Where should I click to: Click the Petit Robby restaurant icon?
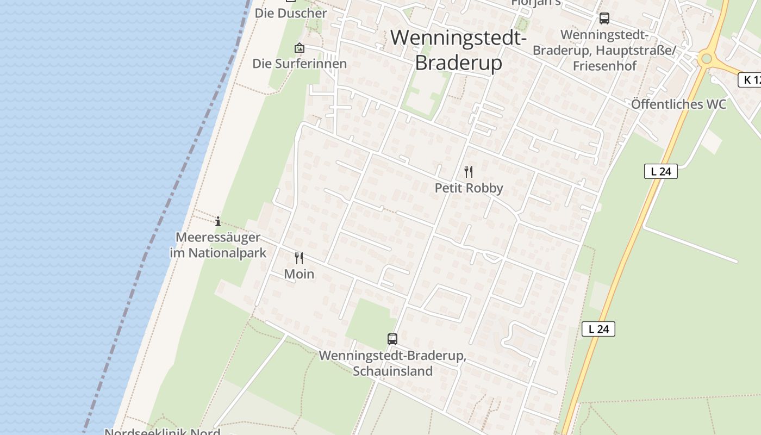coord(469,172)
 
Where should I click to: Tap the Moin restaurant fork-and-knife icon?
coord(299,258)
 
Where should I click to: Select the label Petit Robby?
coord(469,188)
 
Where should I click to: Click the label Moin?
coord(299,274)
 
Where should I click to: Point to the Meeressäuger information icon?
coord(218,221)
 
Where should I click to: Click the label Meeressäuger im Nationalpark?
coord(218,245)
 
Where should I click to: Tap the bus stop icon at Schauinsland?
coord(392,339)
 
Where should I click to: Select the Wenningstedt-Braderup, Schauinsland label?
coord(392,363)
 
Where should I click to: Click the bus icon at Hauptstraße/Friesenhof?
coord(604,18)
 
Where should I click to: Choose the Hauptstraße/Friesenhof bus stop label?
coord(604,50)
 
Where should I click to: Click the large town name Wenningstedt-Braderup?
coord(458,50)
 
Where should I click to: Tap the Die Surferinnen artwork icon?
coord(299,48)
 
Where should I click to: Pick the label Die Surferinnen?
coord(299,64)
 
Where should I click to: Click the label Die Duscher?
coord(291,13)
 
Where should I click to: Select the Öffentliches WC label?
coord(678,104)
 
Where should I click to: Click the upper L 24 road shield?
coord(661,171)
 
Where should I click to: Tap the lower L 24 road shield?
coord(598,329)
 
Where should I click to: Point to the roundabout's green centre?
coord(706,59)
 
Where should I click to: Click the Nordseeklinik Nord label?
coord(162,432)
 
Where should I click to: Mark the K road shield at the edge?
coord(750,80)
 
